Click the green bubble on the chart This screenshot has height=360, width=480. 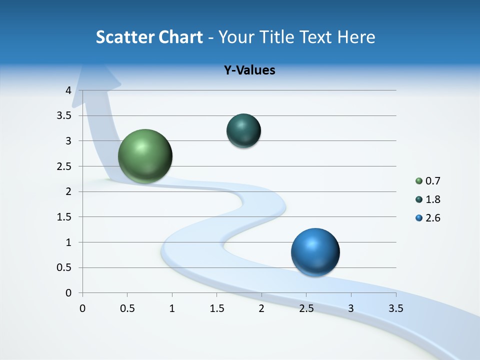click(x=145, y=156)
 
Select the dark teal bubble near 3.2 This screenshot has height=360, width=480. click(x=243, y=130)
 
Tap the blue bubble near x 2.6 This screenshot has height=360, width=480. click(x=315, y=252)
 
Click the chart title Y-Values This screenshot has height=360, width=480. click(x=249, y=70)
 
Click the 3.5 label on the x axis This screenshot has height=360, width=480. click(x=395, y=308)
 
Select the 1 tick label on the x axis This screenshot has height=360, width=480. click(x=172, y=308)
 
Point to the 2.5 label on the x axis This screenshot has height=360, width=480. click(x=306, y=308)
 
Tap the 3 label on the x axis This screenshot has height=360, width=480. click(x=351, y=308)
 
